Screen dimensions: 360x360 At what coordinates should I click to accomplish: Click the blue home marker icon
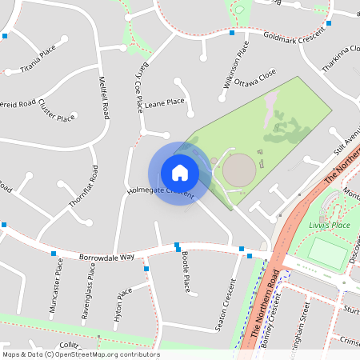(180, 173)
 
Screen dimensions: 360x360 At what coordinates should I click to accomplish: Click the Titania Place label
(38, 60)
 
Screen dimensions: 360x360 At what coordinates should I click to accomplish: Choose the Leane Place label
(165, 102)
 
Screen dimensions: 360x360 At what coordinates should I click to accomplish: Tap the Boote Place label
(185, 270)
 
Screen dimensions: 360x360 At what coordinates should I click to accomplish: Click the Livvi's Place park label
(330, 226)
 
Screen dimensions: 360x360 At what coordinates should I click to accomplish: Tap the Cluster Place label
(56, 114)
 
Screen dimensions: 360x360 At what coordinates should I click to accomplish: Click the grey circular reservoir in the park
(238, 170)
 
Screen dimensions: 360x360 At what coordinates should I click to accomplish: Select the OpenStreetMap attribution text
(81, 354)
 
